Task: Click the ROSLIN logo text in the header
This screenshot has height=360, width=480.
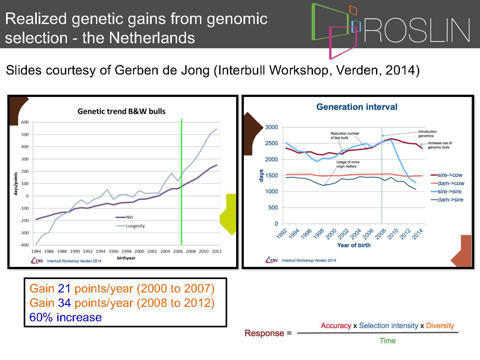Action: point(417,30)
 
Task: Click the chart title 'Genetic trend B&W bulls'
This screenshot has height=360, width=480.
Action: point(121,111)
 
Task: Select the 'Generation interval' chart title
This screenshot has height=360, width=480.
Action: point(357,107)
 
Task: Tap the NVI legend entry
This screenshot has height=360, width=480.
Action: point(124,217)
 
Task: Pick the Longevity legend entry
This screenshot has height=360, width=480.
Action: point(130,226)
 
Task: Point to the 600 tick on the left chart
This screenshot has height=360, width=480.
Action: point(25,122)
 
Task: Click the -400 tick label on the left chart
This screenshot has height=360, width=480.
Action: point(24,245)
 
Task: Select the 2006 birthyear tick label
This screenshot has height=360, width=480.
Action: point(178,252)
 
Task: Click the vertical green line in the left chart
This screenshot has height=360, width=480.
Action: point(181,182)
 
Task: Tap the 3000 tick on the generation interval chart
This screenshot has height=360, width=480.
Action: point(271,127)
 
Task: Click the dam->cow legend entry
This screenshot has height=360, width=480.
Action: point(447,183)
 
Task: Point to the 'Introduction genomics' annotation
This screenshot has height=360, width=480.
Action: point(427,133)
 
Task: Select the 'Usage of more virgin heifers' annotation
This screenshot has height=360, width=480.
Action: point(348,164)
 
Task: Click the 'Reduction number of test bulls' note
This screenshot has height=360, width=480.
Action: point(345,135)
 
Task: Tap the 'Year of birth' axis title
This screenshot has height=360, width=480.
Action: point(354,245)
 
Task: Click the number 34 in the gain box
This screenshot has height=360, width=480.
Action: point(65,303)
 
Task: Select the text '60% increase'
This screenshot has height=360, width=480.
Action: point(66,317)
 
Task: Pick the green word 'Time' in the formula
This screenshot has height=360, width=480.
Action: point(388,340)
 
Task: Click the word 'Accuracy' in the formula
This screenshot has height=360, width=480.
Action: point(336,326)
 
